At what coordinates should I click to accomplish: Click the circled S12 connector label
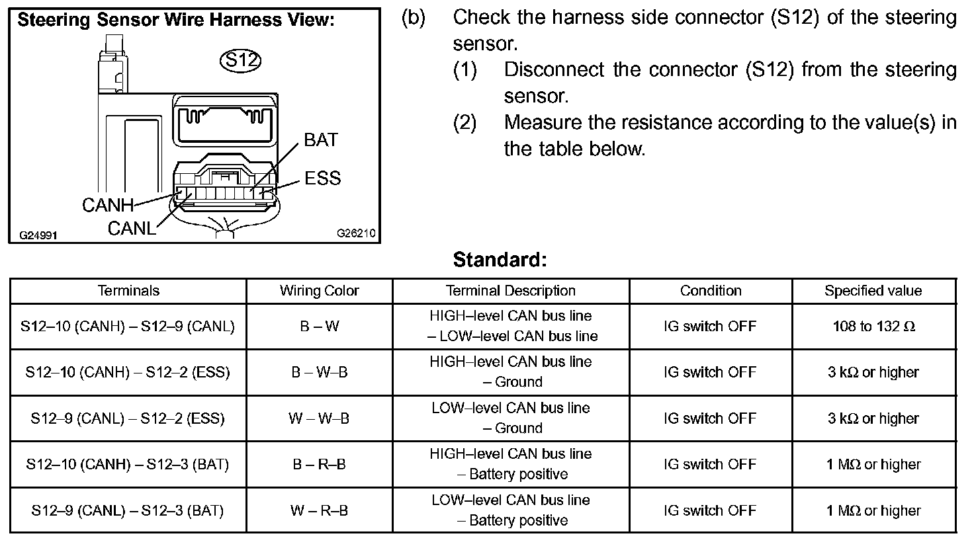pyautogui.click(x=240, y=60)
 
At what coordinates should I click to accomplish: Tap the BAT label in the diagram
pyautogui.click(x=321, y=140)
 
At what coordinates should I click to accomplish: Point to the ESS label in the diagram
pyautogui.click(x=323, y=178)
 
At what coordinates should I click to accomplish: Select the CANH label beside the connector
pyautogui.click(x=107, y=206)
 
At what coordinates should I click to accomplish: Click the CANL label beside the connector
pyautogui.click(x=132, y=229)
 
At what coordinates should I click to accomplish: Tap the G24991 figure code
pyautogui.click(x=38, y=235)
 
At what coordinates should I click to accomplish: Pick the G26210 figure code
pyautogui.click(x=356, y=233)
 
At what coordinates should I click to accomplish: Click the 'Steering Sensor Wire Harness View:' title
pyautogui.click(x=176, y=20)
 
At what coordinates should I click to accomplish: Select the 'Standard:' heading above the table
pyautogui.click(x=500, y=260)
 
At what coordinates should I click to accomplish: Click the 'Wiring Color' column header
pyautogui.click(x=319, y=291)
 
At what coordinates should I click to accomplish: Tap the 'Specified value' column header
pyautogui.click(x=873, y=291)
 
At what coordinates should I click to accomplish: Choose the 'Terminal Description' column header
pyautogui.click(x=510, y=291)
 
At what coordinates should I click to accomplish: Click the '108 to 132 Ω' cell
pyautogui.click(x=873, y=327)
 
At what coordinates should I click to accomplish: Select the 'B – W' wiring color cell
pyautogui.click(x=319, y=327)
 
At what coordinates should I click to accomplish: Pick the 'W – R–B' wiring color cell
pyautogui.click(x=319, y=511)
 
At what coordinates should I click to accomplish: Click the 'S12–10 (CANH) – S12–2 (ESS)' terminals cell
pyautogui.click(x=128, y=373)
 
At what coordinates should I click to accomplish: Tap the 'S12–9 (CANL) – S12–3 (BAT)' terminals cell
pyautogui.click(x=128, y=511)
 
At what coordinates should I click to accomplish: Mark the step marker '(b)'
pyautogui.click(x=414, y=18)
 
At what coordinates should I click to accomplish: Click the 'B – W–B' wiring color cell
pyautogui.click(x=319, y=373)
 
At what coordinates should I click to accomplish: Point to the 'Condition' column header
pyautogui.click(x=710, y=291)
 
